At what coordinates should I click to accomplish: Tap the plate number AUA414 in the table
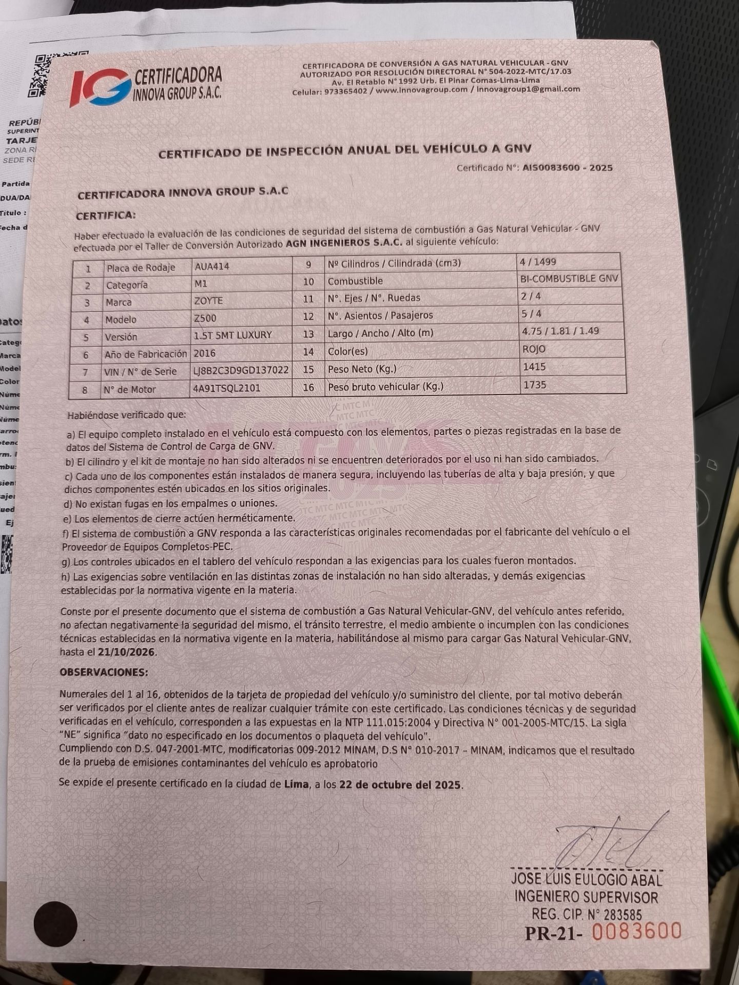[x=212, y=266]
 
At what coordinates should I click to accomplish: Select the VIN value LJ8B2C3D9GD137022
[x=241, y=370]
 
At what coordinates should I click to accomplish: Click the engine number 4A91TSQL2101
[x=226, y=388]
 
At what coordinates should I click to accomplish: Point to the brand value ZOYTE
[x=208, y=301]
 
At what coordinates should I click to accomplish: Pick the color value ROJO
[x=534, y=349]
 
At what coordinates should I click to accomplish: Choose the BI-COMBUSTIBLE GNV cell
[x=569, y=279]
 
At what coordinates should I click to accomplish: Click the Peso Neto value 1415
[x=534, y=367]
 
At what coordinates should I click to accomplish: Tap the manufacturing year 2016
[x=204, y=353]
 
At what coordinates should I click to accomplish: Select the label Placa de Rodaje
[x=141, y=268]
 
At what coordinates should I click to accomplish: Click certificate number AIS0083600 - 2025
[x=567, y=168]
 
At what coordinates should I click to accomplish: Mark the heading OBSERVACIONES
[x=104, y=672]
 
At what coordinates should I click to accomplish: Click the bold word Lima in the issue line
[x=296, y=784]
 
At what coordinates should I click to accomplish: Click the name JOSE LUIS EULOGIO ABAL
[x=586, y=879]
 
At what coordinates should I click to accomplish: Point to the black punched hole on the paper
[x=55, y=924]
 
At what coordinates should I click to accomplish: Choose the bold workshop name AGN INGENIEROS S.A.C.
[x=344, y=243]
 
